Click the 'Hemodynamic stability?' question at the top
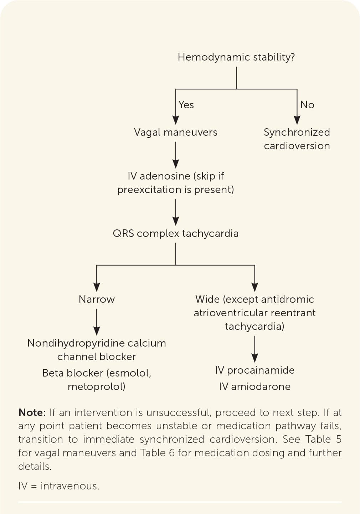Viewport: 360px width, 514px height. (x=236, y=57)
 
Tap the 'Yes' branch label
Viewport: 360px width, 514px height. (x=186, y=105)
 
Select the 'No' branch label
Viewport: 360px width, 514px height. (x=307, y=105)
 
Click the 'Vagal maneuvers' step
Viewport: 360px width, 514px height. (x=176, y=133)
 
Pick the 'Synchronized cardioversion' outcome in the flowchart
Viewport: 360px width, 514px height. (x=297, y=139)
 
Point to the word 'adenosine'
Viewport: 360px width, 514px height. (x=165, y=176)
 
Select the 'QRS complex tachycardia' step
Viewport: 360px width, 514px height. (x=176, y=234)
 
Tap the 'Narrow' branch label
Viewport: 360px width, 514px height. (x=97, y=300)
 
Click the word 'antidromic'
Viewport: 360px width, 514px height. (x=287, y=300)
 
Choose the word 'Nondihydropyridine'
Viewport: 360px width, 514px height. (x=77, y=343)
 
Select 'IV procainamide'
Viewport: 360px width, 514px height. (x=254, y=370)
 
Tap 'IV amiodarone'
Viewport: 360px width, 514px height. (x=254, y=386)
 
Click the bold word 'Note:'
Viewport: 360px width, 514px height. (x=32, y=412)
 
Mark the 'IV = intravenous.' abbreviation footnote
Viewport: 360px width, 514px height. (x=59, y=486)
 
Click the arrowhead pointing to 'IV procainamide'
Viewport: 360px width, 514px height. (x=254, y=358)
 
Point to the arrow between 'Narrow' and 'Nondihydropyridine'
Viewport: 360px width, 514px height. (x=97, y=322)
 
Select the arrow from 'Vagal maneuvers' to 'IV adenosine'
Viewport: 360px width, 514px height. (x=176, y=155)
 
